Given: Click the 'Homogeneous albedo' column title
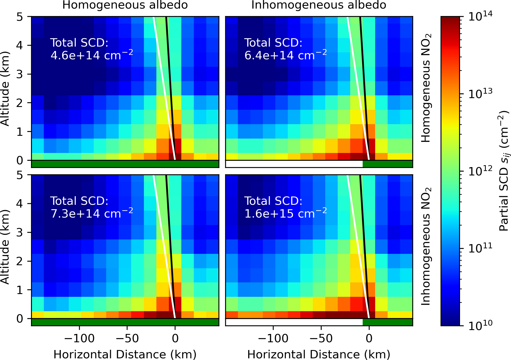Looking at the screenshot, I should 125,5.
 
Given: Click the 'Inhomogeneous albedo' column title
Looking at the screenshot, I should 319,5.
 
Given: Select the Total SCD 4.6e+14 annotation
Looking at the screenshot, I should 91,49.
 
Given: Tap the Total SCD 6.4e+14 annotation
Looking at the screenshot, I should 285,49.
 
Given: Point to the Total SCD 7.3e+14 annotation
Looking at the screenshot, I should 91,207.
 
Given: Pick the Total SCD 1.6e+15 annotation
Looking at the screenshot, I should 285,207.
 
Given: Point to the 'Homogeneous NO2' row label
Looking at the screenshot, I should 426,88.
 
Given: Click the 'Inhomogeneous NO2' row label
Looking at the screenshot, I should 426,246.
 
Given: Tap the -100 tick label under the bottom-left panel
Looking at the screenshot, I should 79,338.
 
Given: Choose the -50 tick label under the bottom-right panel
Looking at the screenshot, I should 321,338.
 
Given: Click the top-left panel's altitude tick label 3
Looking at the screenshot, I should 19,74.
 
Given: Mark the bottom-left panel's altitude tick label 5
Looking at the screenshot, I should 19,175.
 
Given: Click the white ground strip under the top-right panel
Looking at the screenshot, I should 294,164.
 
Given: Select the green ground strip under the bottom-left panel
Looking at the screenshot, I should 125,322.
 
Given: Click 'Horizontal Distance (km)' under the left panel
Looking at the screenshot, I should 125,354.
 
